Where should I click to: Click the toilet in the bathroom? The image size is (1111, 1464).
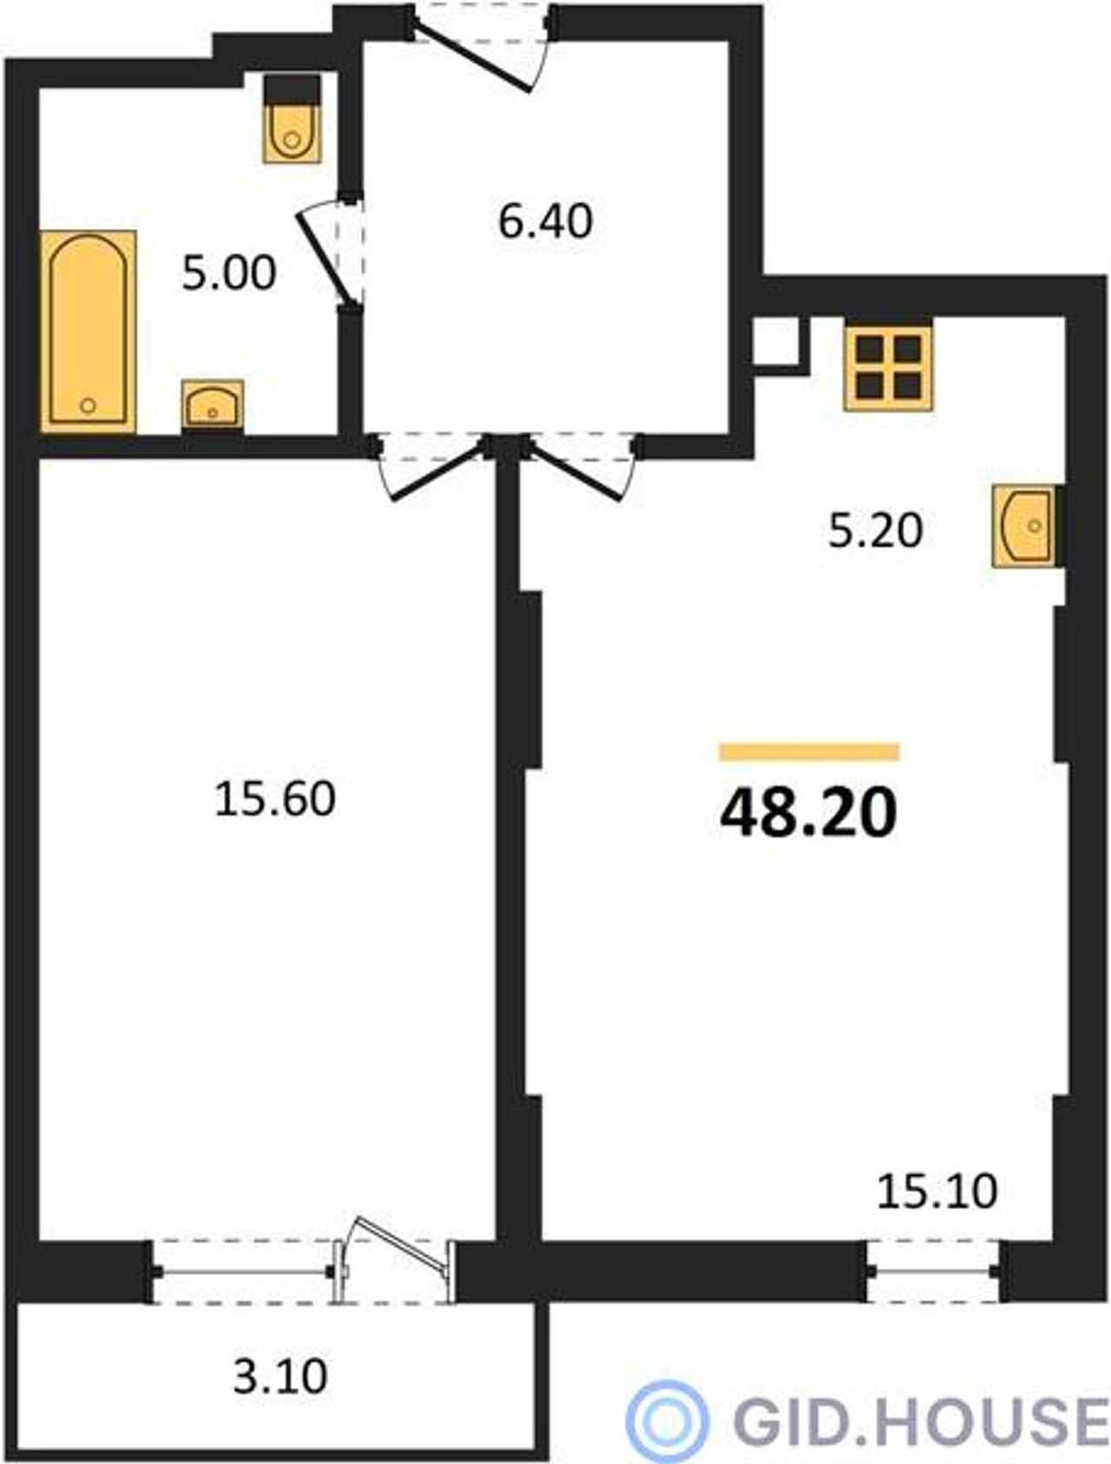coord(293,119)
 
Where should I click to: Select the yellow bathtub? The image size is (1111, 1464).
coord(89,331)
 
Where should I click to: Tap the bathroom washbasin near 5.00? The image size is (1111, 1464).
coord(213,404)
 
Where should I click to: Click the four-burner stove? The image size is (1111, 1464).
coord(888,368)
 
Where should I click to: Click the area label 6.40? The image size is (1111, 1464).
coord(546,221)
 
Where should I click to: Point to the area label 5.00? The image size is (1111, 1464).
coord(229,272)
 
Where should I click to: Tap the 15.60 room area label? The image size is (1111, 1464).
coord(275,799)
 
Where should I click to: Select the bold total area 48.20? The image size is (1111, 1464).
coord(808,813)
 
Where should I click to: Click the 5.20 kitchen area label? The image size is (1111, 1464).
coord(875,530)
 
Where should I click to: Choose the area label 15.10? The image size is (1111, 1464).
coord(937,1192)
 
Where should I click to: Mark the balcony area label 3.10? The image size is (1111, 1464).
coord(280,1376)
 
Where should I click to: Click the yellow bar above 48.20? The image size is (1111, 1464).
coord(809,752)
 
